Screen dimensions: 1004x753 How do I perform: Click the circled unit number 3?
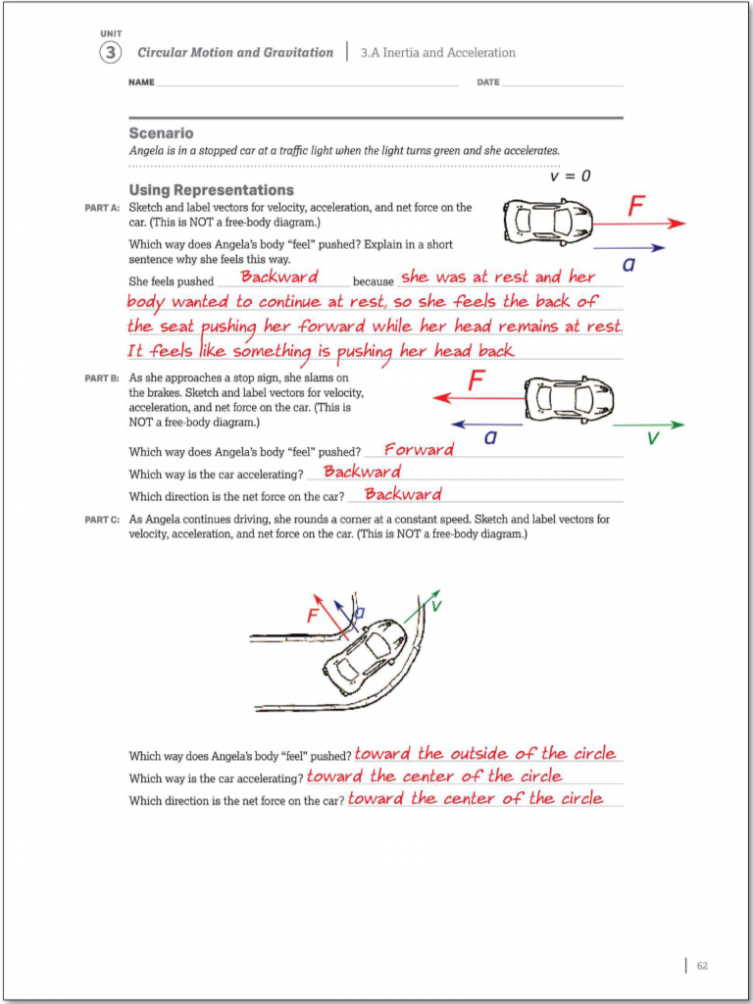(111, 53)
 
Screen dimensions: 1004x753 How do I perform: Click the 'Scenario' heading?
(161, 132)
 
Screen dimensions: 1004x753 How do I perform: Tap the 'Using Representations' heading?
(211, 189)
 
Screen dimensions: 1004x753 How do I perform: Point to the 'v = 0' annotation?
(570, 176)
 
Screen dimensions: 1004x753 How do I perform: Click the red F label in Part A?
(636, 206)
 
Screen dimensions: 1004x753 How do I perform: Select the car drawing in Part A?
(547, 222)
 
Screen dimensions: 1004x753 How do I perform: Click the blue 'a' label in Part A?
(628, 264)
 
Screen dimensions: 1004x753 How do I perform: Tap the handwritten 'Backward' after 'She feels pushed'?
(279, 277)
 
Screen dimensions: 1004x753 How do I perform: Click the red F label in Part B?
(477, 380)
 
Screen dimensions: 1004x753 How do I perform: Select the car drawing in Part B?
(569, 398)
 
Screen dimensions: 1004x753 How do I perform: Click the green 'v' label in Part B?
(653, 438)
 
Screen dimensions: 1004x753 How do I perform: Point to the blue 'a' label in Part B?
(489, 438)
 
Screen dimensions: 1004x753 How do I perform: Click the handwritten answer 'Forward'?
(419, 450)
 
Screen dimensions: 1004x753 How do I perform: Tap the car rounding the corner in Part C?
(365, 655)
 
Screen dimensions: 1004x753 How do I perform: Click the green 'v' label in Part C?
(435, 606)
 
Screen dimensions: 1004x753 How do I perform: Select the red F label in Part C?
(313, 616)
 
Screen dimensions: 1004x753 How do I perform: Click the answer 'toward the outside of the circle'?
(484, 754)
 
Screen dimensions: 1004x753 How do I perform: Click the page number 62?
(702, 966)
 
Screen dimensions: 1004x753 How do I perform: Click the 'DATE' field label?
(487, 82)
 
